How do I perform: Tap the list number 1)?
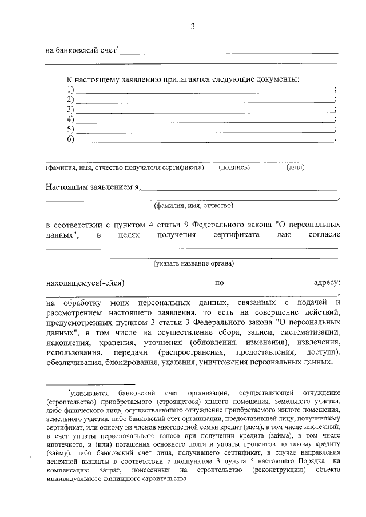coord(71,90)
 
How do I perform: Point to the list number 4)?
coord(71,119)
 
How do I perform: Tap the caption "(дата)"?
coord(295,167)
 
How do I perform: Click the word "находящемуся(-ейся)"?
coord(85,283)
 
